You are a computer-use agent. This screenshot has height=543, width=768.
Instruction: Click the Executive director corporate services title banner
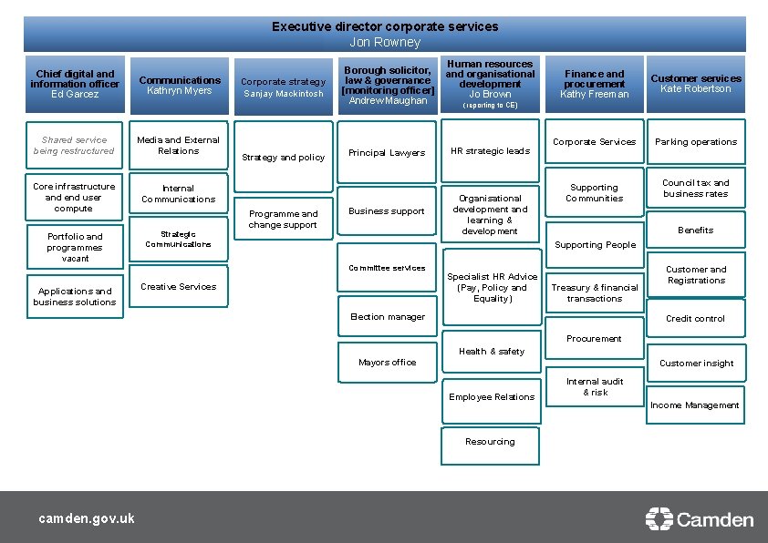[x=384, y=34]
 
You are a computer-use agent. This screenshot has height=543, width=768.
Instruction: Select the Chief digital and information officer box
[x=75, y=84]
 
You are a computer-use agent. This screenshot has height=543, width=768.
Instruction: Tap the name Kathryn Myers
[x=179, y=91]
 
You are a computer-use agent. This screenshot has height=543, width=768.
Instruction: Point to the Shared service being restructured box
[x=74, y=146]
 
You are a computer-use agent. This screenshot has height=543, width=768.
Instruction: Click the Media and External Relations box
[x=178, y=146]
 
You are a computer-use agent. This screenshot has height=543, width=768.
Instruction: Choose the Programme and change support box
[x=283, y=220]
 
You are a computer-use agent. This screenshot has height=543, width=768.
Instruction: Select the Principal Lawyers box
[x=387, y=153]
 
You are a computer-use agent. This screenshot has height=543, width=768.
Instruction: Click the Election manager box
[x=387, y=317]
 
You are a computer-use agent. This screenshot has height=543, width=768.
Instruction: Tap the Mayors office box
[x=387, y=363]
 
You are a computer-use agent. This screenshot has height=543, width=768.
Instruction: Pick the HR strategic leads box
[x=491, y=151]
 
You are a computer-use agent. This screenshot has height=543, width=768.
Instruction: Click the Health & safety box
[x=491, y=352]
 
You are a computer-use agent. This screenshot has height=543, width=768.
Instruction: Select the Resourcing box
[x=490, y=442]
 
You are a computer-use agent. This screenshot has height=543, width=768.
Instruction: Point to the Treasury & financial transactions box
[x=594, y=293]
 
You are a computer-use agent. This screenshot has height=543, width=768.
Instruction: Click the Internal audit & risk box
[x=594, y=387]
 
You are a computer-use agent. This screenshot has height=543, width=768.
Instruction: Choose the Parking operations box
[x=696, y=142]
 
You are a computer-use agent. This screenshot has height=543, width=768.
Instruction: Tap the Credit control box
[x=696, y=319]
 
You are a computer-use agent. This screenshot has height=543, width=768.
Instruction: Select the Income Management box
[x=695, y=405]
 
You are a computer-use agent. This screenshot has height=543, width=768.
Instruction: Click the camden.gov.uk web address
[x=87, y=518]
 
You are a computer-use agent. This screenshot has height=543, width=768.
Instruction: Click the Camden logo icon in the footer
[x=659, y=519]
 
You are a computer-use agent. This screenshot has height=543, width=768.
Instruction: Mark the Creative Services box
[x=178, y=287]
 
